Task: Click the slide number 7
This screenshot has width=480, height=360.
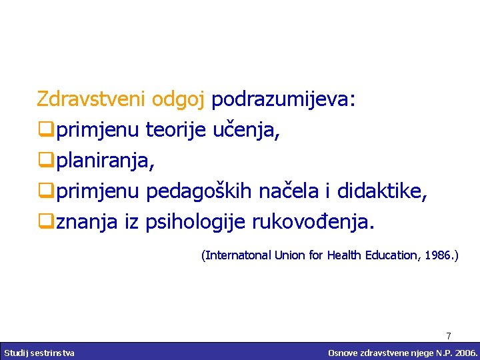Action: (449, 336)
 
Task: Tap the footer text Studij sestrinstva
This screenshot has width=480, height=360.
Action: (39, 352)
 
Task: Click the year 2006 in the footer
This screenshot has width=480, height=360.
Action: (463, 352)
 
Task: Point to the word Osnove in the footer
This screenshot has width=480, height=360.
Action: (342, 352)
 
